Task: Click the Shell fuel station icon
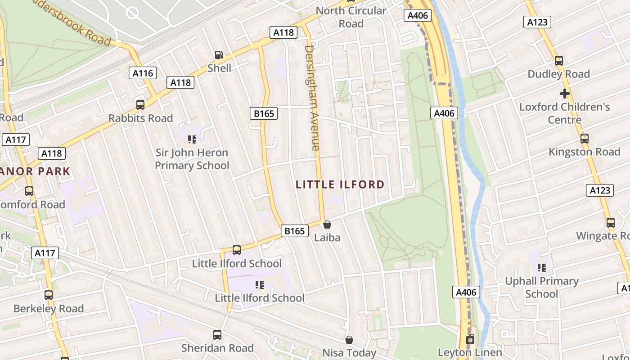coord(219,55)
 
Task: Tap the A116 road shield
coord(143,73)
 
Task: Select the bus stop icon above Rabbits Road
coord(140,105)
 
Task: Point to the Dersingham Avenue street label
coord(312,98)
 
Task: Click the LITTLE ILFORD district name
coord(340,184)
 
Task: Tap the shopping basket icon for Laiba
coord(327,224)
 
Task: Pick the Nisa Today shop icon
coord(349,340)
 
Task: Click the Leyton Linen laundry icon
coord(470,339)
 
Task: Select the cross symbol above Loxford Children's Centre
coord(564,94)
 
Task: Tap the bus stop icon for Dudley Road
coord(559,60)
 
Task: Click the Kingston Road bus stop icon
coord(584,139)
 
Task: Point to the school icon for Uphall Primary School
coord(542,268)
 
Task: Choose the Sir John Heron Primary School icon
coord(192,139)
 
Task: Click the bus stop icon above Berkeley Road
coord(49,295)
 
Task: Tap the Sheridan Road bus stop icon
coord(217,335)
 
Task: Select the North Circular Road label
coord(351,17)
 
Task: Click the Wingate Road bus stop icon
coord(610,222)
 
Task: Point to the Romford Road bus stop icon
coord(29,191)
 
